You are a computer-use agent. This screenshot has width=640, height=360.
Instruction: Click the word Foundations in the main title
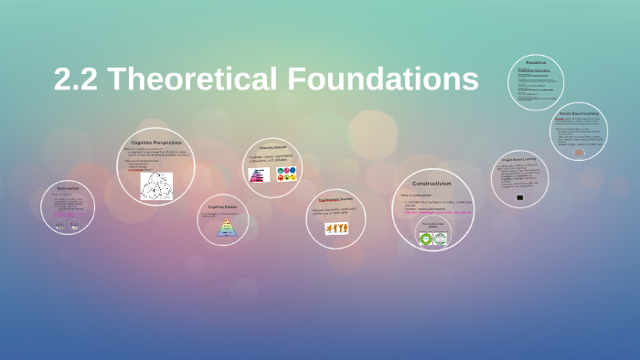click(383, 79)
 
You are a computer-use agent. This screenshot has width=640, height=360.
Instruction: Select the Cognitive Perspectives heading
click(156, 143)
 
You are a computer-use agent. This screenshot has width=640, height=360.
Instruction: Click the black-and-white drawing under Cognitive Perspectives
click(156, 185)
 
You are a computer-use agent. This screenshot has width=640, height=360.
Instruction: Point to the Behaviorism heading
click(68, 188)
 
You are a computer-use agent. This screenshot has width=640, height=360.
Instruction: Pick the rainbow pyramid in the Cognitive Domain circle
click(225, 228)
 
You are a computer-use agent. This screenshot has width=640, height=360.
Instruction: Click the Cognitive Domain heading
click(222, 206)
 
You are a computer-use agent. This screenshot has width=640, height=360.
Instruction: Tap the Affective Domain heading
click(272, 147)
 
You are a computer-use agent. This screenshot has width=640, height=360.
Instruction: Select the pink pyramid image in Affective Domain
click(257, 174)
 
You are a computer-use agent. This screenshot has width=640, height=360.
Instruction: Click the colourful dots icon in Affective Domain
click(287, 173)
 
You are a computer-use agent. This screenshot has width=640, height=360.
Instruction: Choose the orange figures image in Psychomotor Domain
click(336, 228)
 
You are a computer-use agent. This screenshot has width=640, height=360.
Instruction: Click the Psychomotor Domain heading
click(335, 199)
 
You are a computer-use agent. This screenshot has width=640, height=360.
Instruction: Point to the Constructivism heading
click(432, 183)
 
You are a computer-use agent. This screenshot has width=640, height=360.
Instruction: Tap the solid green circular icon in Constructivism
click(425, 238)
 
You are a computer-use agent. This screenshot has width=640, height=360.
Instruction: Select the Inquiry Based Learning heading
click(579, 112)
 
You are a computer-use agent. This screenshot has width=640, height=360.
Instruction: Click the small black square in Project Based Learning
click(520, 197)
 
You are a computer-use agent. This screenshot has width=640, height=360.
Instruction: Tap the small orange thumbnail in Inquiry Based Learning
click(579, 152)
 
